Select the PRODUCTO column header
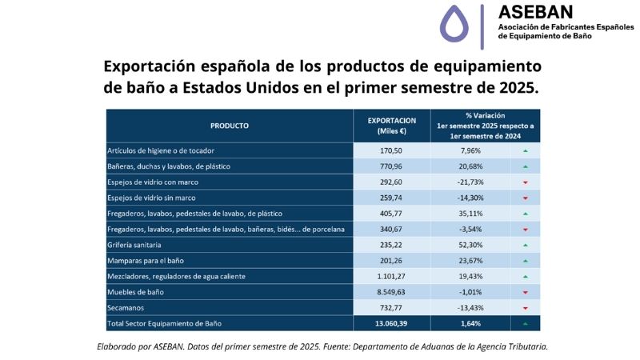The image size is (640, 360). pos(230,126)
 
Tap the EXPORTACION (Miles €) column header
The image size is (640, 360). pos(392,126)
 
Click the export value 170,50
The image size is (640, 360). pos(392,150)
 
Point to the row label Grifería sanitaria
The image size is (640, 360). pos(134,245)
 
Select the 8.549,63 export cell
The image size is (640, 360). pos(392,292)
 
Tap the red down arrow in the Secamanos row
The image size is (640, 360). pos(525,308)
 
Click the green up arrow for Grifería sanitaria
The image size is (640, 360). pos(525,245)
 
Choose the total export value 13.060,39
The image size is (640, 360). pos(392,323)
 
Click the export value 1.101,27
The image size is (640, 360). pos(392,276)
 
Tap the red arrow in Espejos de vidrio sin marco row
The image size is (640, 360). pos(525,198)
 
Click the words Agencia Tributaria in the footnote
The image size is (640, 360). pos(510,346)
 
